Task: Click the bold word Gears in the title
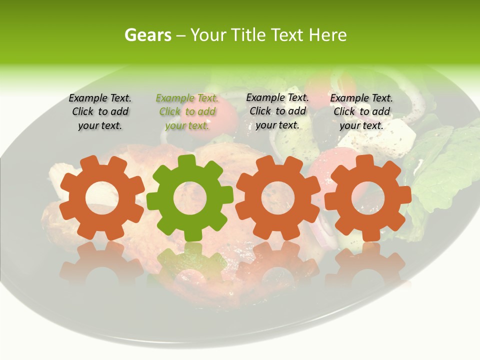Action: (x=147, y=35)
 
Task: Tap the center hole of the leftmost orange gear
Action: (x=102, y=198)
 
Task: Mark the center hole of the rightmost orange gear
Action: (x=367, y=197)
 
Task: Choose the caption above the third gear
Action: (x=277, y=111)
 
